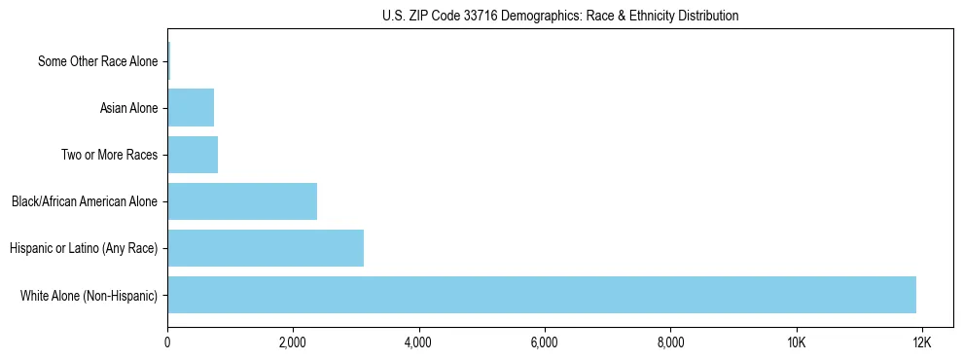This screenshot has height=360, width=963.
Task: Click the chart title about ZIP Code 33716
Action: click(x=560, y=16)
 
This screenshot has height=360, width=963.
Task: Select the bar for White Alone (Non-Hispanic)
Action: click(x=542, y=295)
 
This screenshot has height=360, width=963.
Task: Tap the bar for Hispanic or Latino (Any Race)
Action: click(x=266, y=248)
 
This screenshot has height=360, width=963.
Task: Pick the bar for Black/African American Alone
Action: click(x=242, y=201)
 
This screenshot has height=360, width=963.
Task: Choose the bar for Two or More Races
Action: click(x=193, y=155)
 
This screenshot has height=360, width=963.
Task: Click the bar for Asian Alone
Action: click(x=191, y=108)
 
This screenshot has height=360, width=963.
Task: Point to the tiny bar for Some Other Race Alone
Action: click(x=168, y=61)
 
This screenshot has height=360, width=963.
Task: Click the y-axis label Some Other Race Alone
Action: click(x=97, y=61)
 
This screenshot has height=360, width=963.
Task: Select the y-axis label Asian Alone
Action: click(x=128, y=108)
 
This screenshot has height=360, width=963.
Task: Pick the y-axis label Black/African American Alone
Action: click(x=85, y=201)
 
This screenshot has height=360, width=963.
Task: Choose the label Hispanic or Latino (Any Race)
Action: click(x=84, y=248)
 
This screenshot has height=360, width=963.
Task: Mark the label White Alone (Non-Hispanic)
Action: click(x=89, y=295)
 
